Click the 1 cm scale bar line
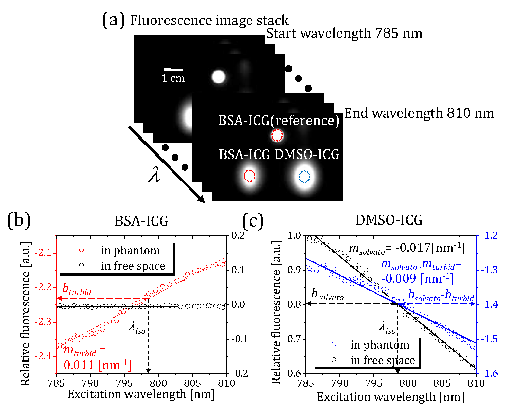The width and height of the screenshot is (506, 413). click(x=174, y=70)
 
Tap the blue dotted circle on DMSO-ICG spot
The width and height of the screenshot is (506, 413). click(x=304, y=176)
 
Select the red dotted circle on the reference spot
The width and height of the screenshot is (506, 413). click(x=277, y=135)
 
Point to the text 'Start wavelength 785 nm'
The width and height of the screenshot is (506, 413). click(x=344, y=33)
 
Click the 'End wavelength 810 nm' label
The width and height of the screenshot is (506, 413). click(x=419, y=113)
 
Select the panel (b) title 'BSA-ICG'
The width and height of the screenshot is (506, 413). click(x=141, y=221)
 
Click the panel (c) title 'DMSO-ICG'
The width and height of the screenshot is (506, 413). click(x=389, y=220)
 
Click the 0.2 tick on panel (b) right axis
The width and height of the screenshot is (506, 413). click(x=238, y=235)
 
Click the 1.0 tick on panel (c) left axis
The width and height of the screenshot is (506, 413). click(x=294, y=235)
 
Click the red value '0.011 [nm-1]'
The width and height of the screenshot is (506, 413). click(x=98, y=365)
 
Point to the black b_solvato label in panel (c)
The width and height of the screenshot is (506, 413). click(x=327, y=294)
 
